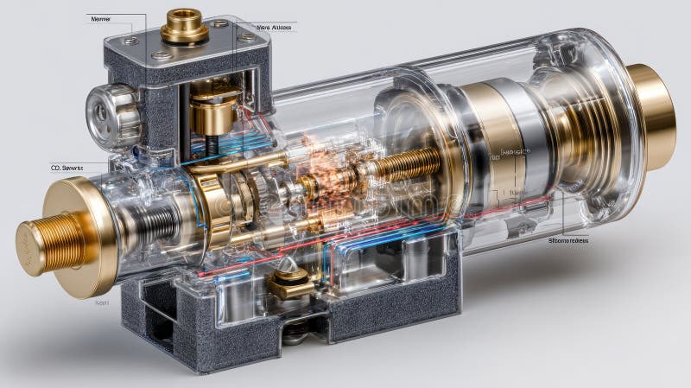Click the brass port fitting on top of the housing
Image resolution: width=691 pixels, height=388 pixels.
[184, 25]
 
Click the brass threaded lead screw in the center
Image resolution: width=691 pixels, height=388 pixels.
[406, 165]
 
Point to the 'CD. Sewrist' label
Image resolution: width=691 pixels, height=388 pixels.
[67, 168]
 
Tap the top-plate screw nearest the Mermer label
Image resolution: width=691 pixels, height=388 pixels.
[130, 41]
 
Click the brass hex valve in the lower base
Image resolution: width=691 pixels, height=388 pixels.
[290, 281]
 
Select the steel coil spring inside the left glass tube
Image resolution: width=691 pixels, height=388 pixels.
[155, 223]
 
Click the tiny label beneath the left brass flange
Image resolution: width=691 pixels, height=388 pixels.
[101, 302]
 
